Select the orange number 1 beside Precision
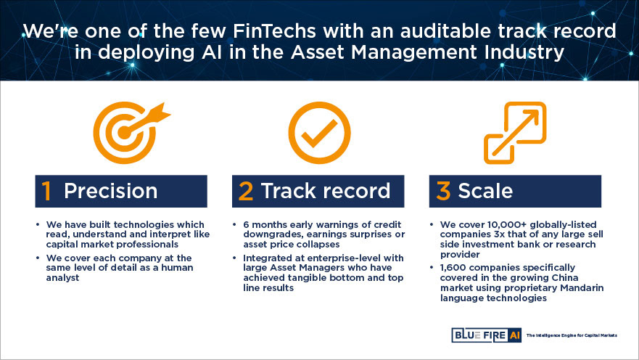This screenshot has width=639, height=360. click(x=46, y=191)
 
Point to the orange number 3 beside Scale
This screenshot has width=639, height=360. click(x=443, y=191)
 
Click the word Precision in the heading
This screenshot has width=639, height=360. click(x=110, y=191)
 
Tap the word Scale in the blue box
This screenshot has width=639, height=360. click(x=485, y=191)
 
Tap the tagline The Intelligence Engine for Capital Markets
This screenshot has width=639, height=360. click(x=572, y=335)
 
